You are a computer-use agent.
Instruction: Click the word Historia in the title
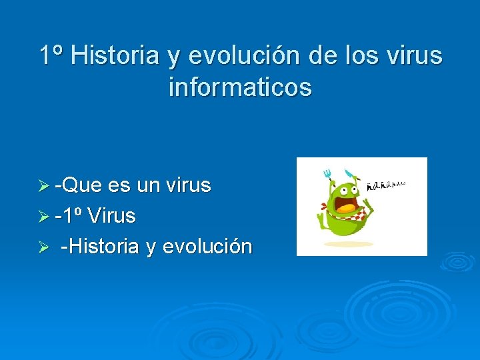(115, 55)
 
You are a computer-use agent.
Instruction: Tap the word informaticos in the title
(240, 87)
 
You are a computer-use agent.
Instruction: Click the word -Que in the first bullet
(78, 185)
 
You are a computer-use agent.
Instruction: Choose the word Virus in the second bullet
(111, 215)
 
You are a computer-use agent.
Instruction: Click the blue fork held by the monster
(327, 174)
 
